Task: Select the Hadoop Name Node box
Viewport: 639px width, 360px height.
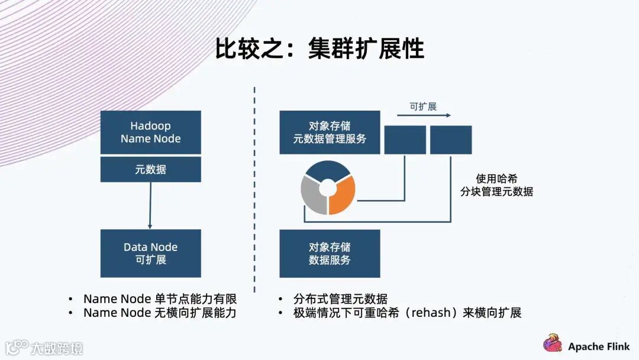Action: (x=150, y=133)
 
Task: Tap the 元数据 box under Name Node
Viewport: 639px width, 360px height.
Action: (x=150, y=169)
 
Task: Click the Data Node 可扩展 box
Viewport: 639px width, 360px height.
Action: (x=150, y=253)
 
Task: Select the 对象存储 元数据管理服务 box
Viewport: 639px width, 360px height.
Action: (x=330, y=133)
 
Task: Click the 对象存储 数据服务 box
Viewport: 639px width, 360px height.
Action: (x=330, y=253)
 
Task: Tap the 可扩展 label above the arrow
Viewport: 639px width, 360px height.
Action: (x=423, y=107)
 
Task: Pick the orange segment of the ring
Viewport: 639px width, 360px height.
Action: (x=344, y=195)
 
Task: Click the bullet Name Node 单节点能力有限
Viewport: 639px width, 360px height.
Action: (x=160, y=299)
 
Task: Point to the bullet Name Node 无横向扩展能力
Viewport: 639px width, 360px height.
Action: (x=160, y=313)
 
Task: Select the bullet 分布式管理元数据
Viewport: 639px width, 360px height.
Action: (x=340, y=299)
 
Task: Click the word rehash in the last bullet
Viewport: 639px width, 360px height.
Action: (x=430, y=313)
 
